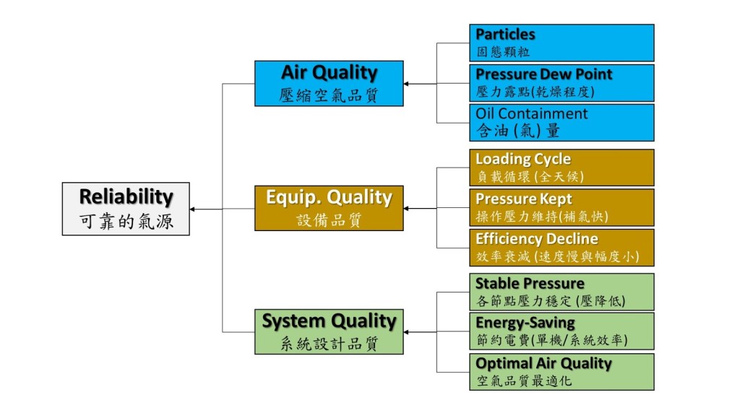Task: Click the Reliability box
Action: click(x=126, y=209)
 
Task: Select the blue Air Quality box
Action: click(x=329, y=84)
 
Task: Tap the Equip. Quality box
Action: click(x=329, y=208)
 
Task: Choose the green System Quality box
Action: click(x=329, y=331)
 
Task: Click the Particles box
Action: click(x=562, y=43)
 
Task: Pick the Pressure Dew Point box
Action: click(x=562, y=83)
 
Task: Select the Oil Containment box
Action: click(x=562, y=123)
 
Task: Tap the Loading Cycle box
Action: click(x=562, y=168)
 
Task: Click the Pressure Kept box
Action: click(x=562, y=207)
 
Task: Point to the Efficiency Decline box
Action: click(x=562, y=248)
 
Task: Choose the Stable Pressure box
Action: click(x=562, y=292)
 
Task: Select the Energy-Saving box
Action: click(x=562, y=331)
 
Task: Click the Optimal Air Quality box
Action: click(x=562, y=372)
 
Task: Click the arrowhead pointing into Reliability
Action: click(x=192, y=209)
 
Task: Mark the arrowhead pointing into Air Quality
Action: click(x=406, y=84)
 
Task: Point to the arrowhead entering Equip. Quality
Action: click(x=406, y=208)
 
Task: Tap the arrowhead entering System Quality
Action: click(x=406, y=332)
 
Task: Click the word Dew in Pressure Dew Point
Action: click(x=556, y=74)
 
